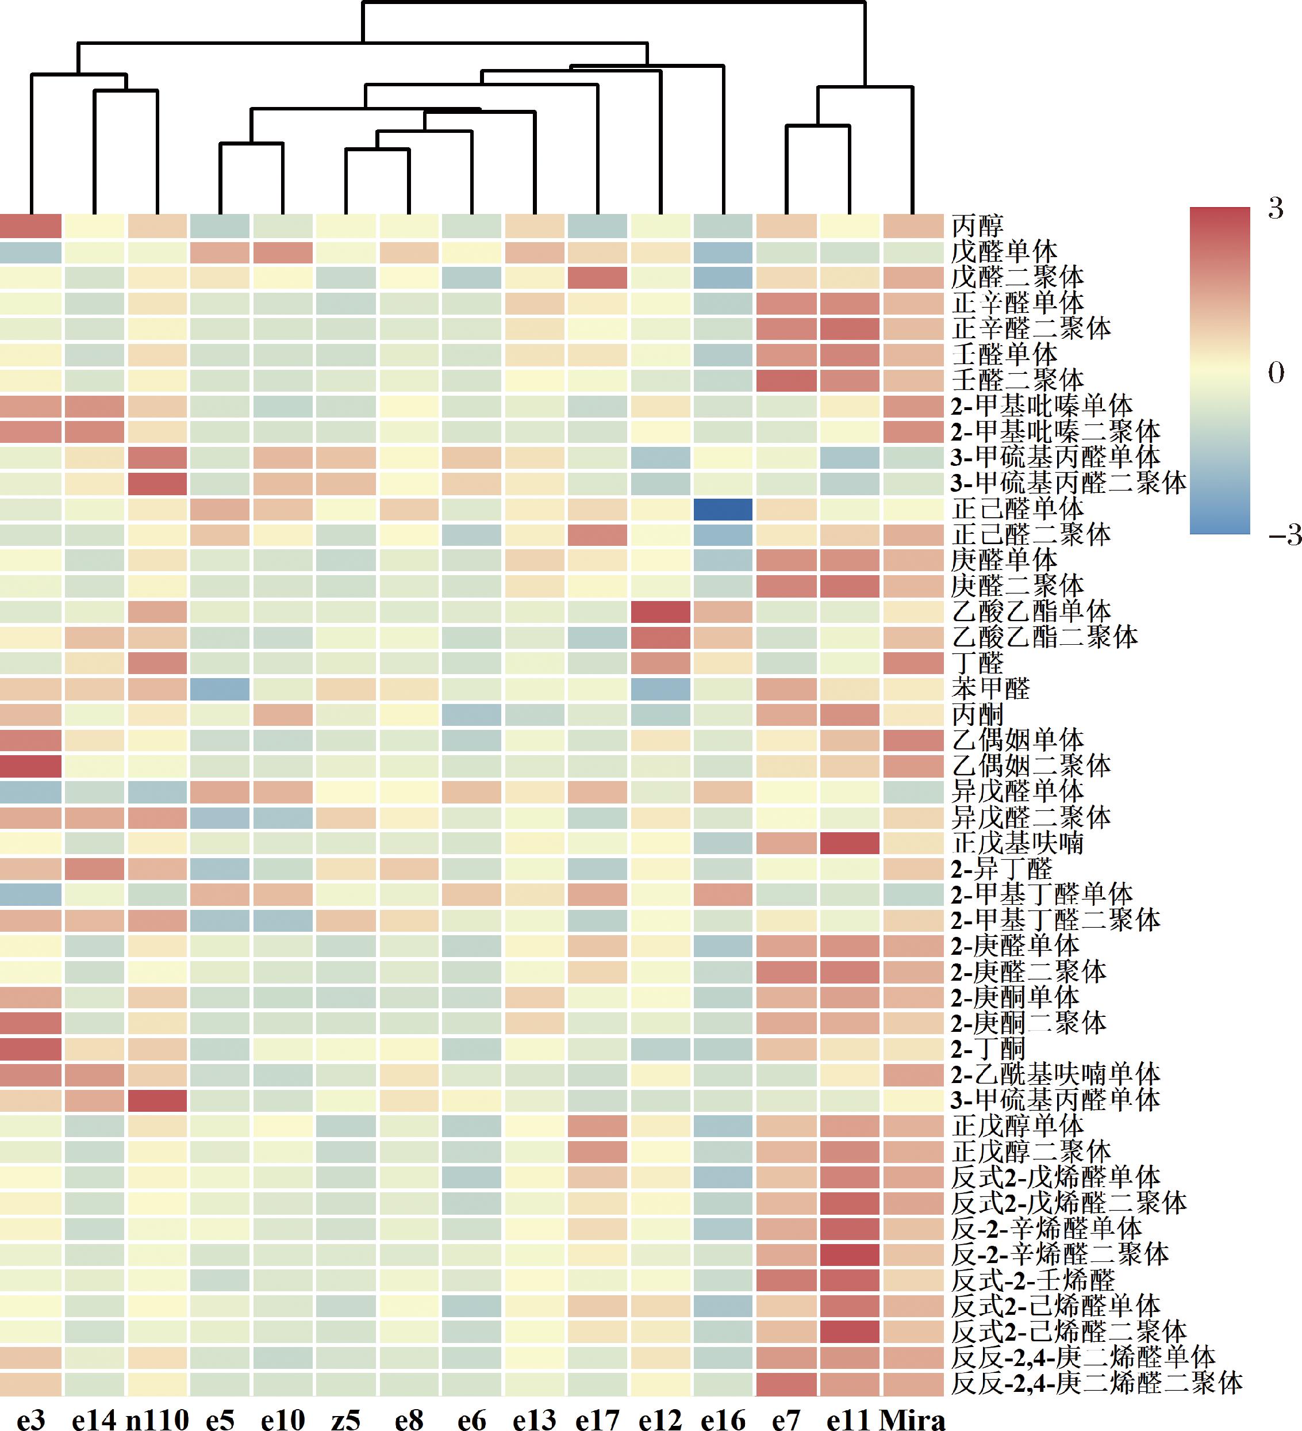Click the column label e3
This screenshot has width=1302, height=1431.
(x=30, y=1419)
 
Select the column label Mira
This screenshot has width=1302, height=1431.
(x=912, y=1419)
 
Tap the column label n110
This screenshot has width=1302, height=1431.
(x=157, y=1419)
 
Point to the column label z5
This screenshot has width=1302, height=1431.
(x=345, y=1419)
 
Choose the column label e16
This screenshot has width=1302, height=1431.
(x=723, y=1419)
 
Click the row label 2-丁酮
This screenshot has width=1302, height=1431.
(x=988, y=1049)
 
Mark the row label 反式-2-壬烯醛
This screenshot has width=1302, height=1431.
(x=1032, y=1280)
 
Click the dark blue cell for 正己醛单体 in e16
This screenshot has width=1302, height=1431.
(x=723, y=509)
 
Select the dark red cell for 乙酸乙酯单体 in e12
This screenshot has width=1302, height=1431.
(x=660, y=612)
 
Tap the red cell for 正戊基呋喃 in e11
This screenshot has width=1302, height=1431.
(x=849, y=843)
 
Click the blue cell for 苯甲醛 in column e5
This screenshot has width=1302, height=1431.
(x=220, y=689)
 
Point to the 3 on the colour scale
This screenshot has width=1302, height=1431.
(x=1275, y=209)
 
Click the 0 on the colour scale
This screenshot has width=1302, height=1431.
(x=1275, y=373)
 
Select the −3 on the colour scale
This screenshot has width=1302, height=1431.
(x=1284, y=534)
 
